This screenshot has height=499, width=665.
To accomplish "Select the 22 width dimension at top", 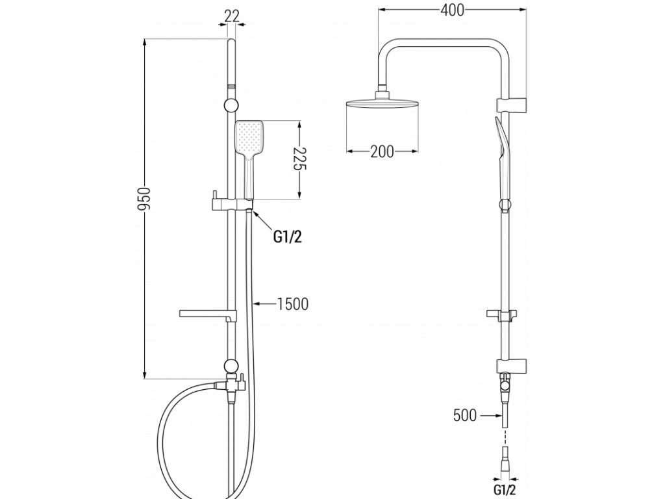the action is point(231,14).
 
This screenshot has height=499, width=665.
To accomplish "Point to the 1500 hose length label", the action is point(292,303).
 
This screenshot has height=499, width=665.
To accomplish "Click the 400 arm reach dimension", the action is point(452,10).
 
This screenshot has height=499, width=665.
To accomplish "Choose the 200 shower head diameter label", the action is point(382,151).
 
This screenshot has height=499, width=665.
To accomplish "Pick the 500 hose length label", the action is point(466,414).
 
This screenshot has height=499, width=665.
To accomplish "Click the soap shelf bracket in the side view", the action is point(504,315).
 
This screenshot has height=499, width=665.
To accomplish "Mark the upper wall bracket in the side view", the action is point(510,104).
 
